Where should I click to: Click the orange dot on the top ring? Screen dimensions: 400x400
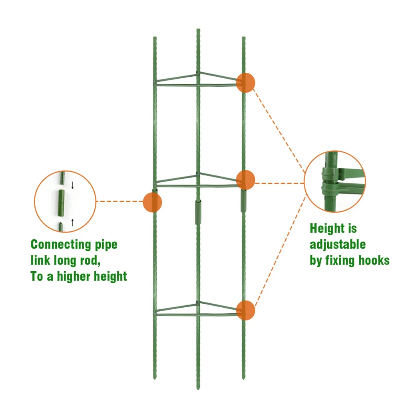point(245,83)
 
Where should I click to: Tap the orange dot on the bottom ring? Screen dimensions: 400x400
point(245,310)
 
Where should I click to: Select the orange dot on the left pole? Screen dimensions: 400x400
point(152,202)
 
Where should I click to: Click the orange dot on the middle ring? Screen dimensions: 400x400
point(245,179)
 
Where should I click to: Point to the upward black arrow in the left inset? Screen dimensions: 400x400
point(72,222)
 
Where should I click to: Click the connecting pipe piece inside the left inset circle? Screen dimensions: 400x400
point(62,203)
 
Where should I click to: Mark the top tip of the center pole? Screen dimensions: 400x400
point(197,30)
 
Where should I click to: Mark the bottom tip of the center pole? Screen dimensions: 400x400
point(197,388)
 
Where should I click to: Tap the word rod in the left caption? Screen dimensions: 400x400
point(88,261)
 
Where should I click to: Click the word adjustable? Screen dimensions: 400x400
point(338,245)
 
